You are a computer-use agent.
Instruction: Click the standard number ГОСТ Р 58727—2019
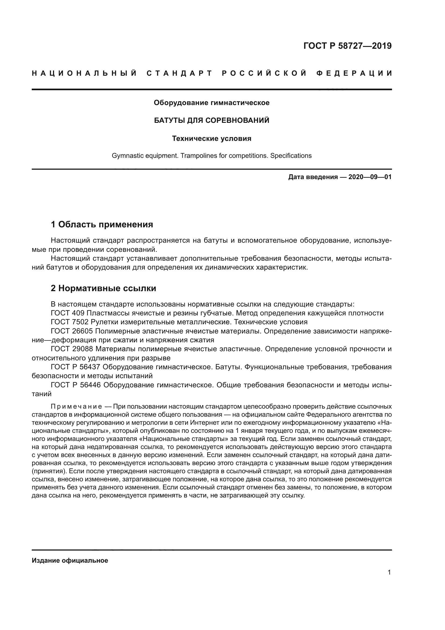coord(347,46)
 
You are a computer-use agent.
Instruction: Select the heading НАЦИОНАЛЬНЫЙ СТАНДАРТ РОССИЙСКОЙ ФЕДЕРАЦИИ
coord(212,73)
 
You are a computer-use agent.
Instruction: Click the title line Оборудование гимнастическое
coord(211,103)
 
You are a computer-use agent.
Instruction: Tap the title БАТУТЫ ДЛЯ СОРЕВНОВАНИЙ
coord(211,120)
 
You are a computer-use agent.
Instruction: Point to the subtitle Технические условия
coord(211,138)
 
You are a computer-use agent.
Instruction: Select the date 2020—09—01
coord(370,177)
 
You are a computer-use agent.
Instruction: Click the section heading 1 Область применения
coord(102,224)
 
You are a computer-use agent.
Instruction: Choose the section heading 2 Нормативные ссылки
coord(103,288)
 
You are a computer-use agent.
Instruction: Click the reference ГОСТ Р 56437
coord(76,367)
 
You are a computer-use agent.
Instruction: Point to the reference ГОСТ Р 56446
coord(76,385)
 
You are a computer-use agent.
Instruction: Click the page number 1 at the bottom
coord(389,572)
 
